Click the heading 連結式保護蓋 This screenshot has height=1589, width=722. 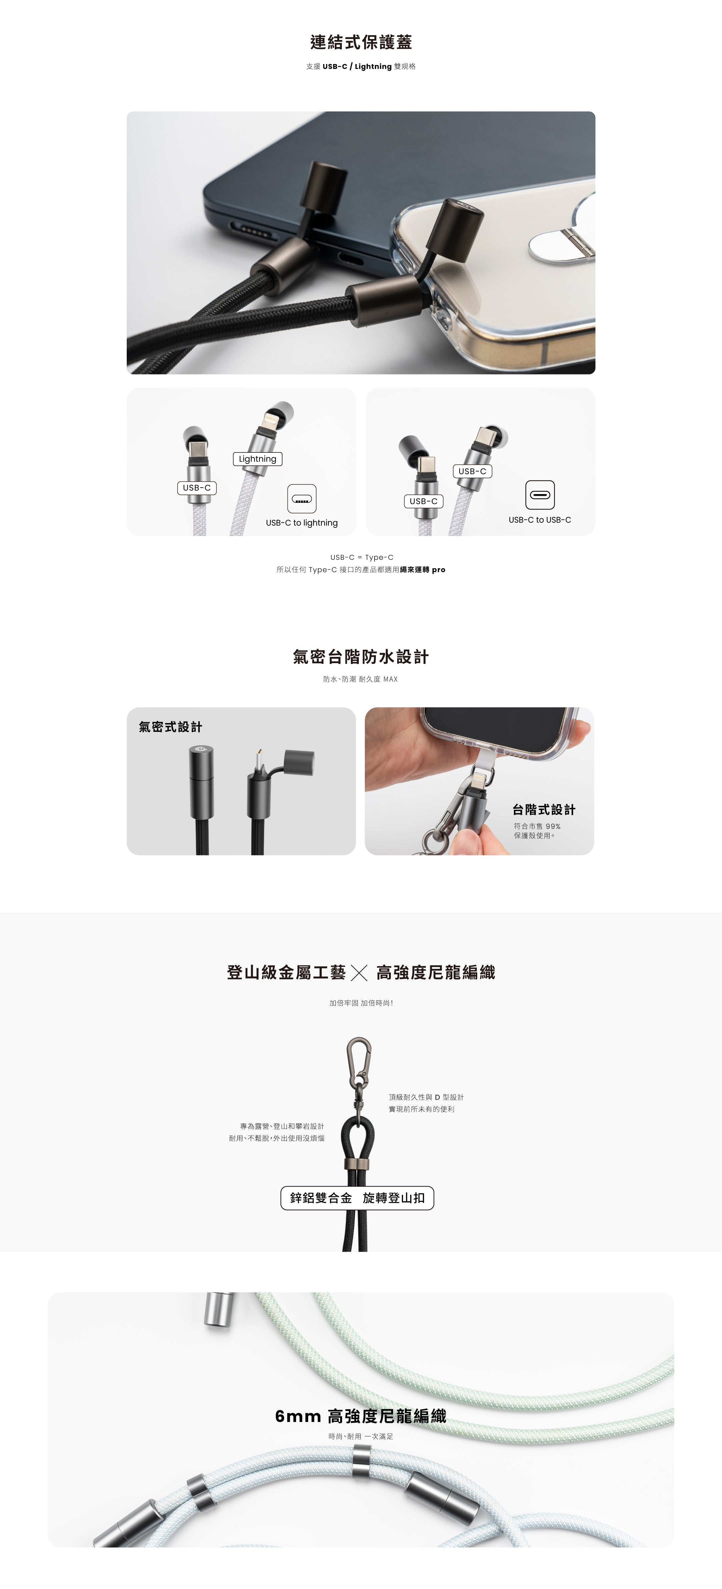361,42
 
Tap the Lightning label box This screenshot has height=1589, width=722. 257,459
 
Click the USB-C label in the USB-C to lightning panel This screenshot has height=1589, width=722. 197,488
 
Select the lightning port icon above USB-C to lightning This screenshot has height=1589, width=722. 302,498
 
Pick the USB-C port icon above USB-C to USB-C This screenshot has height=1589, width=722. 540,495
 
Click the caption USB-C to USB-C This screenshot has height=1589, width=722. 540,520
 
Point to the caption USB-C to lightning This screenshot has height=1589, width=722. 302,523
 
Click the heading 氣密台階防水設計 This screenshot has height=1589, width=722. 361,657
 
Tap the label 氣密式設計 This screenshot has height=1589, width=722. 170,727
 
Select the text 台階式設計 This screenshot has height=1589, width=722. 544,810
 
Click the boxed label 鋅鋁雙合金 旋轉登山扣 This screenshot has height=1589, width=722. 357,1198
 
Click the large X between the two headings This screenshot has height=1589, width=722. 359,974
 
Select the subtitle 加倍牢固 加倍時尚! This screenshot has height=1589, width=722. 361,1003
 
